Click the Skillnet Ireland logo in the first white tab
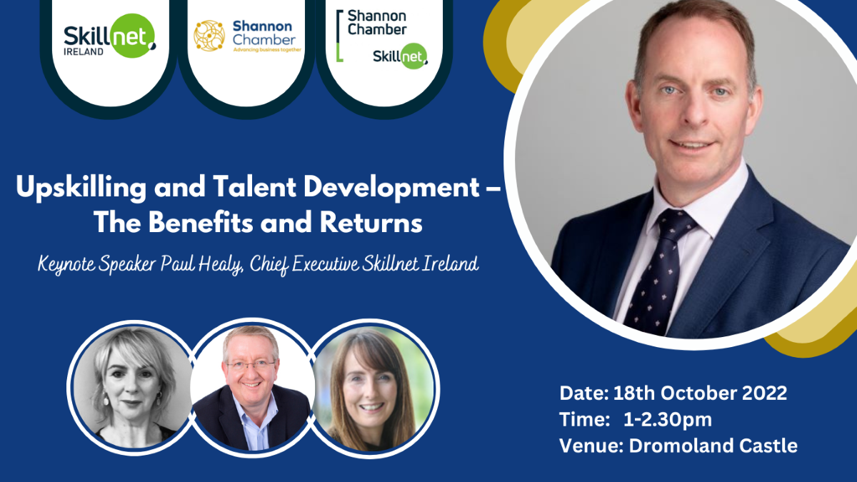110,36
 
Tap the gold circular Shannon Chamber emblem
209,36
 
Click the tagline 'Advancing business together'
267,50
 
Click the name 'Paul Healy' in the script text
201,265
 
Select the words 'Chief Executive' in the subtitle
304,265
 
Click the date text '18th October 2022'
700,393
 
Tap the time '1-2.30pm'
668,420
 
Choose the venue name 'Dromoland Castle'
713,446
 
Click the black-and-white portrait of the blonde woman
132,388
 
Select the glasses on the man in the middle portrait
251,364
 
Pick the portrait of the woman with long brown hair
373,388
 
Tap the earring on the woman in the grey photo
106,399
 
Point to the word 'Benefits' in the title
201,223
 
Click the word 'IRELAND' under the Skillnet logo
84,51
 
